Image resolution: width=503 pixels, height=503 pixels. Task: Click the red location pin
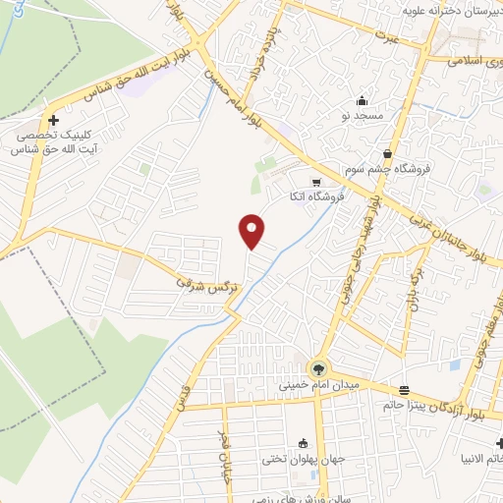click(x=252, y=230)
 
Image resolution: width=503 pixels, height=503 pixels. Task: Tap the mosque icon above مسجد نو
click(x=362, y=99)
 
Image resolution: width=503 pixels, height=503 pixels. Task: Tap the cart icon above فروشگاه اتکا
click(x=314, y=182)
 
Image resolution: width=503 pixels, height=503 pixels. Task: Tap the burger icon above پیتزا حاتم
click(x=405, y=388)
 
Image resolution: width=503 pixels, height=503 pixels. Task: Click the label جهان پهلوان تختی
click(x=301, y=459)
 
